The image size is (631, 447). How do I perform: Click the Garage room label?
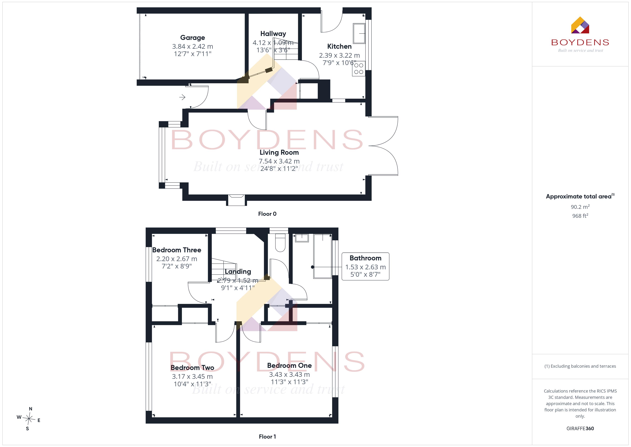pyautogui.click(x=192, y=38)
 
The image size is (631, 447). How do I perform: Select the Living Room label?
pyautogui.click(x=279, y=152)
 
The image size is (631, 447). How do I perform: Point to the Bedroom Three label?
pyautogui.click(x=177, y=250)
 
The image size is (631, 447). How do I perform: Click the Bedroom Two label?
pyautogui.click(x=192, y=367)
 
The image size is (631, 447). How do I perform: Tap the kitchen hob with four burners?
pyautogui.click(x=359, y=69)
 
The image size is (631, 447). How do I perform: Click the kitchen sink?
pyautogui.click(x=359, y=34)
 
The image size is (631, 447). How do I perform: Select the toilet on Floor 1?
pyautogui.click(x=280, y=243)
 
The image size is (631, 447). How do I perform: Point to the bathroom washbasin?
pyautogui.click(x=302, y=238)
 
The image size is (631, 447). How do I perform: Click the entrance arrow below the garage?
pyautogui.click(x=182, y=97)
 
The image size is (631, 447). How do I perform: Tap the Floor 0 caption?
pyautogui.click(x=267, y=214)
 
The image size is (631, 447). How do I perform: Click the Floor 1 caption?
pyautogui.click(x=267, y=437)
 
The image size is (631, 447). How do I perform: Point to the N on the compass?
pyautogui.click(x=31, y=409)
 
